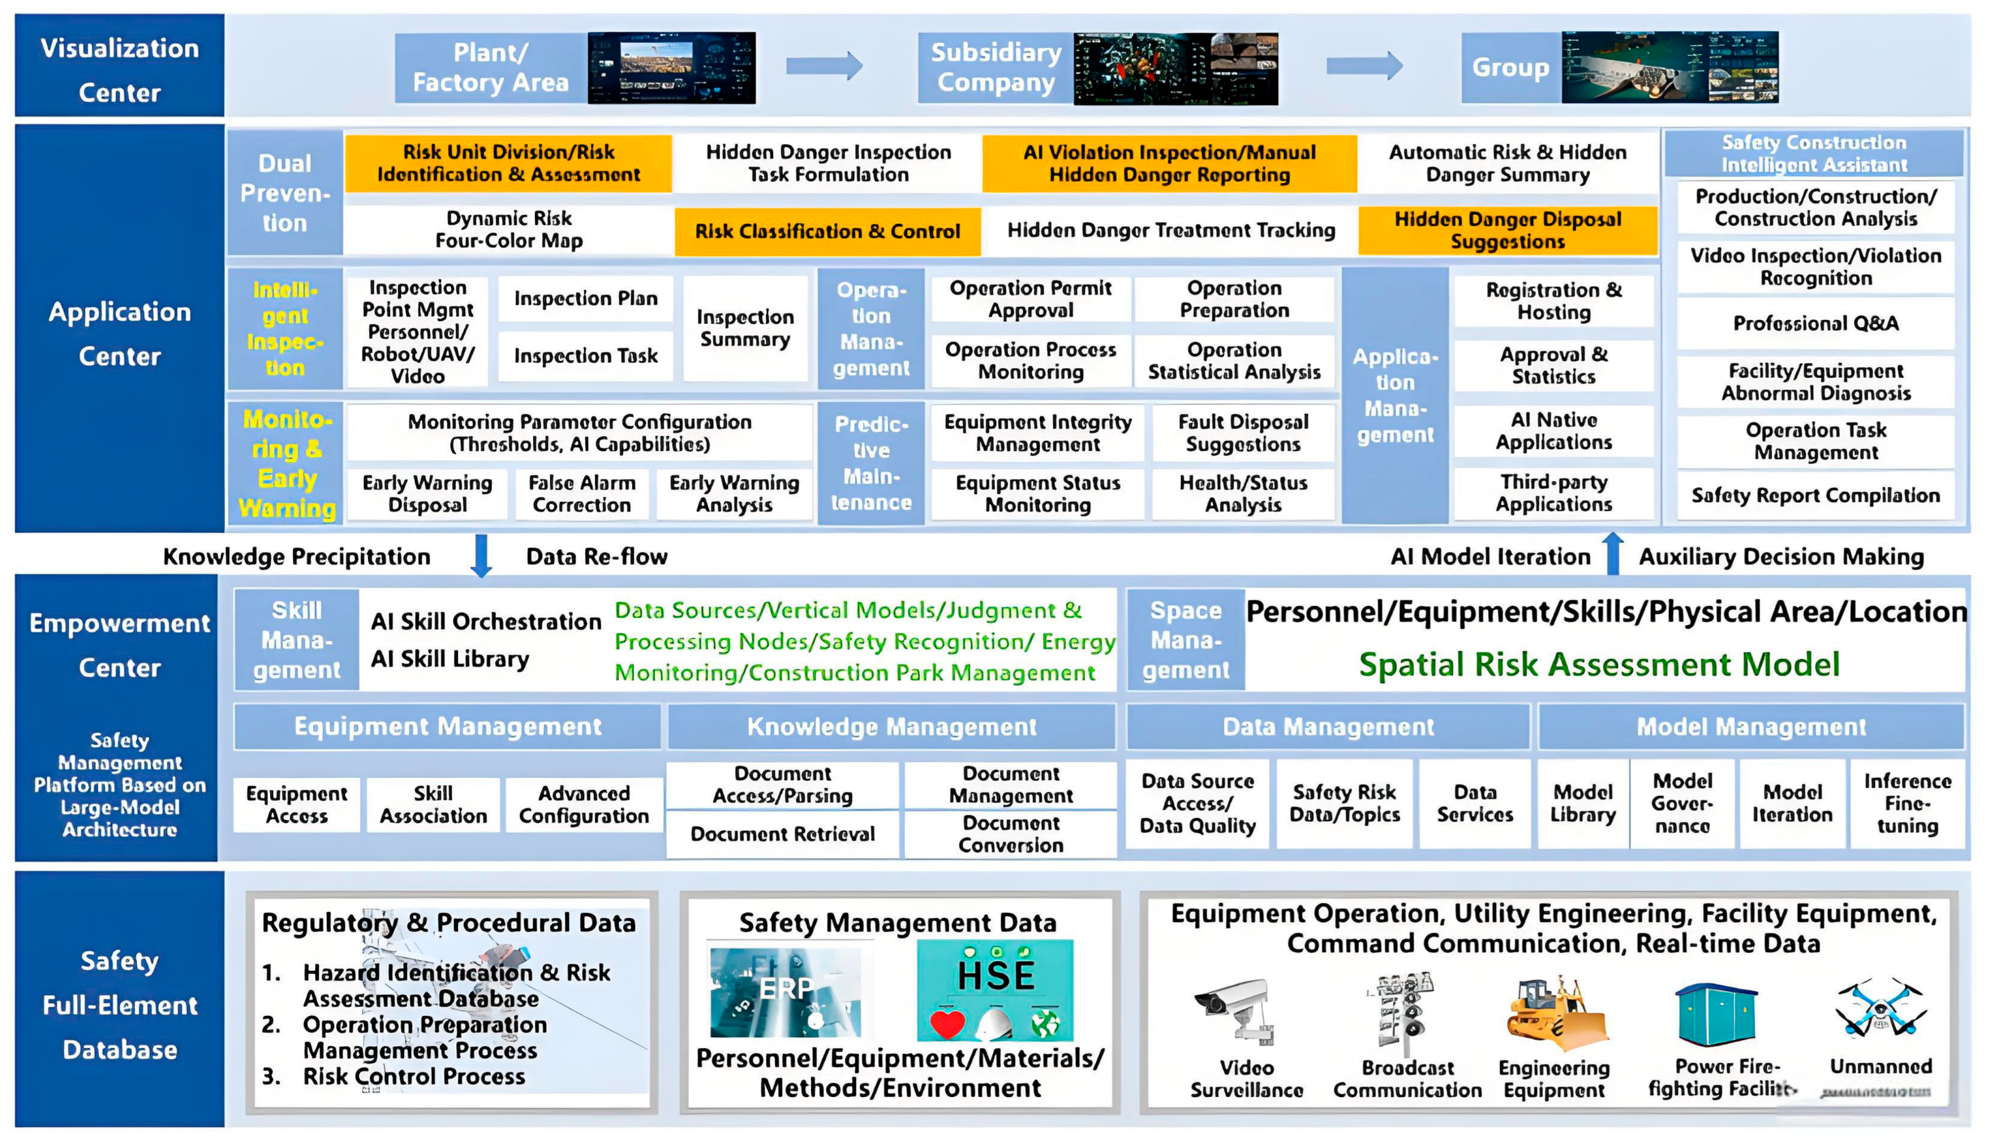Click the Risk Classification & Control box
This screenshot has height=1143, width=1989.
tap(827, 231)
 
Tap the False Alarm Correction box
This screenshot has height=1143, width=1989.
tap(581, 494)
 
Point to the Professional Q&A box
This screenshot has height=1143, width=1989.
tap(1815, 323)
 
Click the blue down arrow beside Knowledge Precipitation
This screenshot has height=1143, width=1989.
tap(482, 556)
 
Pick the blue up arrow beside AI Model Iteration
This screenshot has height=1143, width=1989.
tap(1613, 553)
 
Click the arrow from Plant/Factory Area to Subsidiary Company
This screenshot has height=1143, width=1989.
tap(824, 66)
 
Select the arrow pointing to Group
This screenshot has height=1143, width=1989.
tap(1364, 66)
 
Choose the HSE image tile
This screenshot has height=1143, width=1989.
tap(995, 991)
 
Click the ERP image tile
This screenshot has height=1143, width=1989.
tap(785, 991)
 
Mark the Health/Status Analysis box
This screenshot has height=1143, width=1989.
tap(1243, 494)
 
